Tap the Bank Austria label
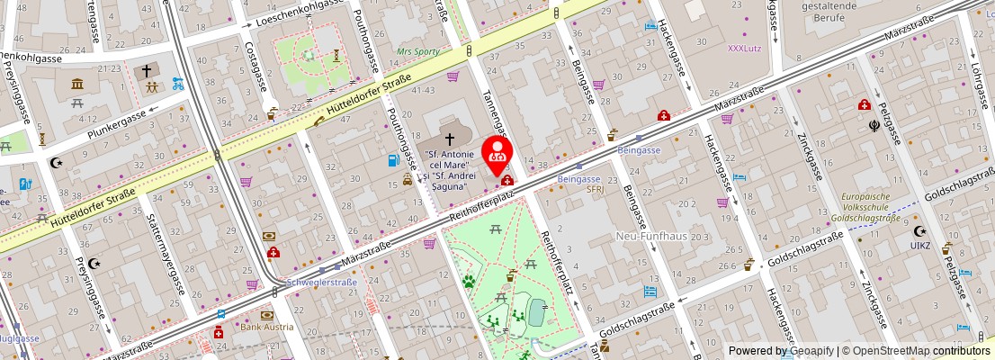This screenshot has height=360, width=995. point(266,327)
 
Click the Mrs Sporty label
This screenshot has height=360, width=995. point(418,51)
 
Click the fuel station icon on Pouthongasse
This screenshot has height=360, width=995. point(392,161)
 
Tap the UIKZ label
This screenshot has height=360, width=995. point(919,245)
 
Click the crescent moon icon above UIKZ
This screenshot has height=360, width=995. point(919,230)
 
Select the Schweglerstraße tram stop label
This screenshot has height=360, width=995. point(321,282)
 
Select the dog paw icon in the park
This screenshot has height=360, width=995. point(468,281)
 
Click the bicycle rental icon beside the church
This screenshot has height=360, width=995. point(178,84)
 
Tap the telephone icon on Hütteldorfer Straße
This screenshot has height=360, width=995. point(320,120)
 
